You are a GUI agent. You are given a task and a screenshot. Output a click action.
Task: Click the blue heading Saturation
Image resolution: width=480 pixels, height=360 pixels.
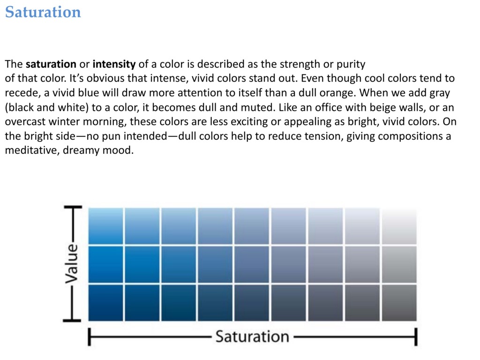point(43,12)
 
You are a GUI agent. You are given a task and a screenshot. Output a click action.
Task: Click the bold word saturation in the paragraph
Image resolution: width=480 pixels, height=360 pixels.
point(51,64)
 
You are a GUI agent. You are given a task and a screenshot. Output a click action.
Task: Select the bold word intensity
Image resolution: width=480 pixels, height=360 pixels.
point(114,64)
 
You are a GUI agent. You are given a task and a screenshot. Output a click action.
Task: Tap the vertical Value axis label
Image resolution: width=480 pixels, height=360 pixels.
point(72,263)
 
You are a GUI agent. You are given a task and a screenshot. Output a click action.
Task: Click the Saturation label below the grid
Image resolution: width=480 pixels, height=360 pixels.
point(252,337)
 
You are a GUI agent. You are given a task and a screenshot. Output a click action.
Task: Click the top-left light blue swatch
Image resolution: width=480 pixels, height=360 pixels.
point(105,226)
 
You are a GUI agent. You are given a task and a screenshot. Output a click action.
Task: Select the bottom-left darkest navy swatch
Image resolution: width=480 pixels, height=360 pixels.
point(105,303)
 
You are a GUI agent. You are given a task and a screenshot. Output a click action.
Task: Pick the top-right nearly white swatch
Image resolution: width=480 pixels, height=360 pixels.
point(399,226)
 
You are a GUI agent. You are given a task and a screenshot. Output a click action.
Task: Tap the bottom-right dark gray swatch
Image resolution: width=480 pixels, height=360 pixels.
point(399,303)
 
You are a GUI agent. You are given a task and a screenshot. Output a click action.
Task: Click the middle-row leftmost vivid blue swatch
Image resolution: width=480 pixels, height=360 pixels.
point(105,264)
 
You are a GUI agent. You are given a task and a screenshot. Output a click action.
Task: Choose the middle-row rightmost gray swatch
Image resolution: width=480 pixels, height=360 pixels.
point(399,264)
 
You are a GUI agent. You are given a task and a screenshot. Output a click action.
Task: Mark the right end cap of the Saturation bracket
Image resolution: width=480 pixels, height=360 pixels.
point(416,337)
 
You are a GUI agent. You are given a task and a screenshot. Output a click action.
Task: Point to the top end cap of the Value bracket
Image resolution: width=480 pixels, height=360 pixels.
point(73,207)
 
